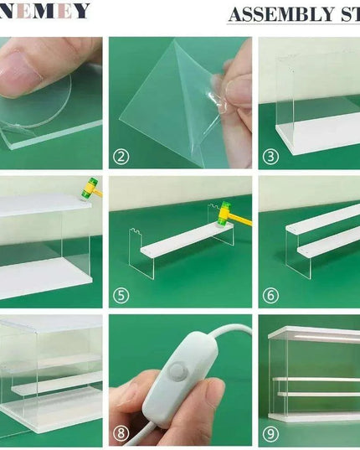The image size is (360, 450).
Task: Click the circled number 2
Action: coord(122,156)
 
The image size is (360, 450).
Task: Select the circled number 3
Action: coord(270,156)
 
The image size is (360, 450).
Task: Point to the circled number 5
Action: coord(122,295)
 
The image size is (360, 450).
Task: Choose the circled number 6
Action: coord(270,295)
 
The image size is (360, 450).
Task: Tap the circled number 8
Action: coord(122,434)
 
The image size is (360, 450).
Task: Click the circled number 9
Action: coord(270,434)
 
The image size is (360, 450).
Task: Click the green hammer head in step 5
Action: coord(224,217)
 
